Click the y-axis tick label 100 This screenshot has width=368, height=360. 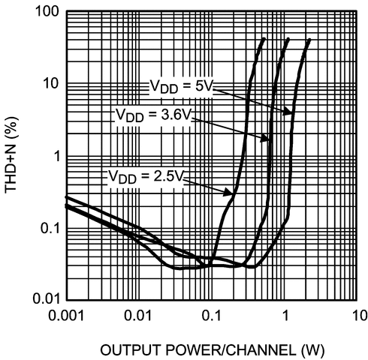pos(45,13)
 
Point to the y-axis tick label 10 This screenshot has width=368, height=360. pos(49,83)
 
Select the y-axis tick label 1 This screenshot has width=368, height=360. pos(53,156)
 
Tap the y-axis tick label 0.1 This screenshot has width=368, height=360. pos(47,228)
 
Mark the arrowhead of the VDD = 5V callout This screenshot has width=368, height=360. pos(291,112)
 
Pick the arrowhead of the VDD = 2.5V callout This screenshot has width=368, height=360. pos(231,195)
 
